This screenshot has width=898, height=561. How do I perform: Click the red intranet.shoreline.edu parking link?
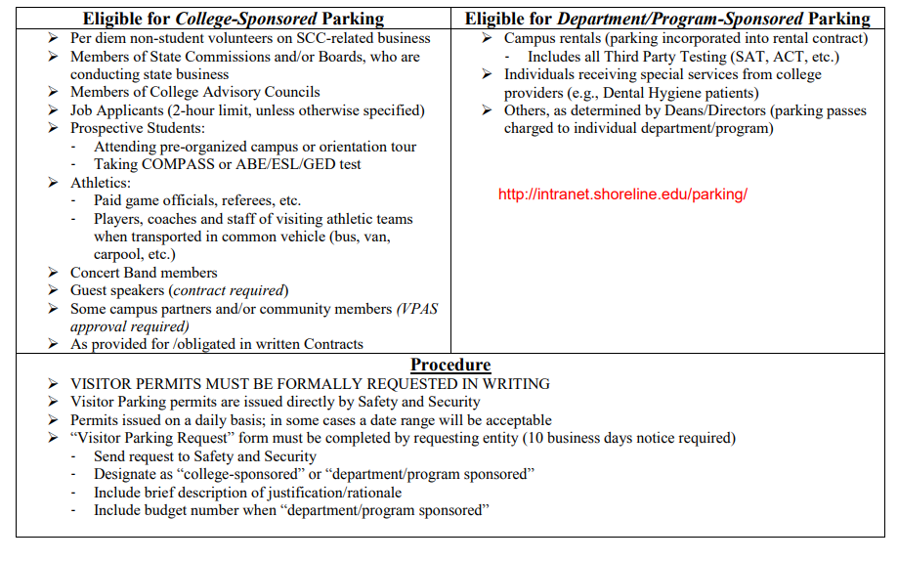coord(622,194)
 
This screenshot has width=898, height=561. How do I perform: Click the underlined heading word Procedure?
coord(450,365)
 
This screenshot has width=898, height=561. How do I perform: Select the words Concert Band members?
coord(144,273)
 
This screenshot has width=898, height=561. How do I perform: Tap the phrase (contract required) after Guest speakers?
coord(230,290)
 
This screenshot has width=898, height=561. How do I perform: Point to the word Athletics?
coord(101,183)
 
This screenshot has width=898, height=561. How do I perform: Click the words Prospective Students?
coord(138,128)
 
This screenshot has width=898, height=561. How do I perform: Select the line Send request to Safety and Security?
coord(205,456)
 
